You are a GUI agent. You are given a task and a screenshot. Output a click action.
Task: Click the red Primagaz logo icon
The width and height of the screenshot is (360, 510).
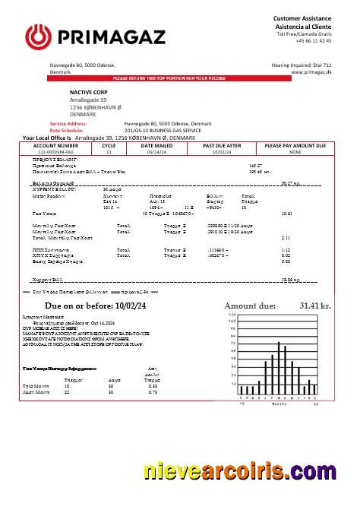pos(37,35)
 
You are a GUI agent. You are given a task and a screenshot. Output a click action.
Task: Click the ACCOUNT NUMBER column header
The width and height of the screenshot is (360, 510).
pos(55,144)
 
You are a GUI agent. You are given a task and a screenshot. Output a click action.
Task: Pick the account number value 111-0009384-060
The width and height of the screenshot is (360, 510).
pos(55,152)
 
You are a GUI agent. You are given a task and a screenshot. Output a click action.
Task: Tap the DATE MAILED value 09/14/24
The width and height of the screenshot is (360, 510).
pos(156,152)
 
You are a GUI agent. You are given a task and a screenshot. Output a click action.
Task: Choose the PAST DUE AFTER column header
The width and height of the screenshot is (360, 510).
pos(222,144)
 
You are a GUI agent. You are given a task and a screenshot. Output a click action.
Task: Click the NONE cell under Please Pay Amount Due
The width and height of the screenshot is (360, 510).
pos(295,152)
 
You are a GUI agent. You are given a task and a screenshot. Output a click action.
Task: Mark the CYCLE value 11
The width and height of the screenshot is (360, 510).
pos(109,152)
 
